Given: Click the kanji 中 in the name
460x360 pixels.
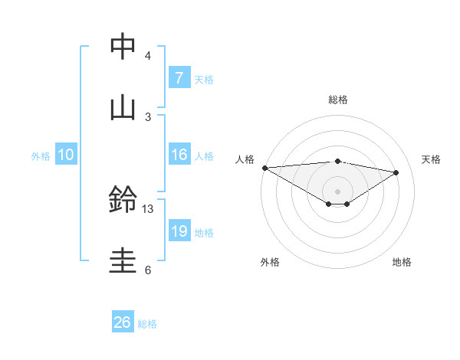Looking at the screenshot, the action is (123, 47).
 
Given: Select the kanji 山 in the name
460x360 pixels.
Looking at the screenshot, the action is (123, 107).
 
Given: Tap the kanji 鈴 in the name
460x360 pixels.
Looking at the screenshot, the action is (123, 200).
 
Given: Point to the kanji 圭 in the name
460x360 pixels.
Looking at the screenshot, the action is (123, 260).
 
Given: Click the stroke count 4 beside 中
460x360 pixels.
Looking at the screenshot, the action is (148, 56).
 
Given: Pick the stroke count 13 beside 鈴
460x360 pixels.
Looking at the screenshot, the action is (148, 208).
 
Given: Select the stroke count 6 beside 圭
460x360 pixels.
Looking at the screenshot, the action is (148, 270).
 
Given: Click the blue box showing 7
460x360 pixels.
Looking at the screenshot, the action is (179, 78).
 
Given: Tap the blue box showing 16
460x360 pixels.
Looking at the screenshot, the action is (179, 155).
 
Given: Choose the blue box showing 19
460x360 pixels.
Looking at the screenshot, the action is (179, 231).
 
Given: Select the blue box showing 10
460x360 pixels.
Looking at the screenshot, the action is (66, 155).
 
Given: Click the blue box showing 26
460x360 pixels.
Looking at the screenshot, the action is (123, 322).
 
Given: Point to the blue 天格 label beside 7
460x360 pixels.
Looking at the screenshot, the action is (204, 79).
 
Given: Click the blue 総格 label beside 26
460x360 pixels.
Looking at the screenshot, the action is (147, 323).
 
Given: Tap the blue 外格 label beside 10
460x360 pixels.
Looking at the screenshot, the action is (41, 155).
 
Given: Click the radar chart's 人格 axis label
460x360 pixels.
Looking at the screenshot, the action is (245, 159).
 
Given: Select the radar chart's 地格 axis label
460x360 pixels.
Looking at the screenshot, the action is (402, 262).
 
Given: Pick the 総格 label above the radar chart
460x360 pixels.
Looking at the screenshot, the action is (338, 100).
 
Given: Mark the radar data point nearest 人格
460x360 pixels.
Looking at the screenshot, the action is (264, 167).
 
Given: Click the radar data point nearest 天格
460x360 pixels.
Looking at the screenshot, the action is (396, 172).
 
